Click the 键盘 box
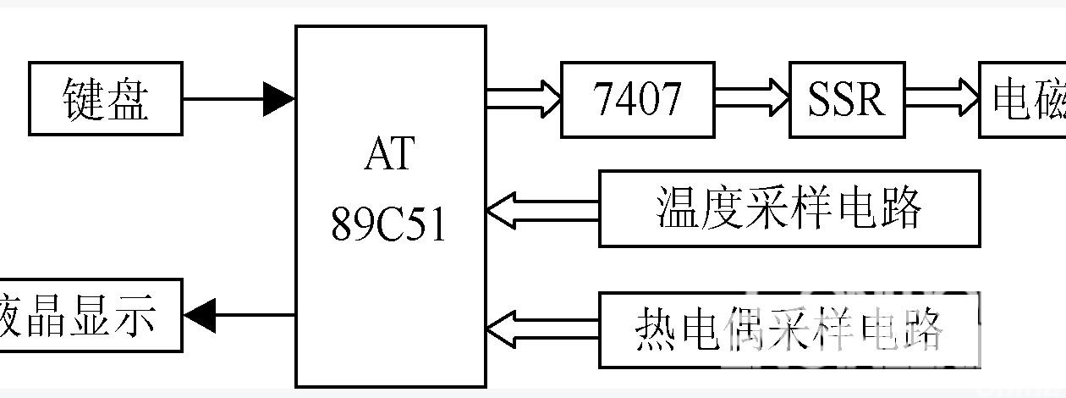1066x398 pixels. click(x=106, y=98)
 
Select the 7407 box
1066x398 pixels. click(x=637, y=99)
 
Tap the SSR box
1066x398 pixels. click(x=846, y=99)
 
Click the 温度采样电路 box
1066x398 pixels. click(x=789, y=208)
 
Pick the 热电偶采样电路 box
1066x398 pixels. click(x=789, y=329)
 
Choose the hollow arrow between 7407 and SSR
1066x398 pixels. click(x=752, y=99)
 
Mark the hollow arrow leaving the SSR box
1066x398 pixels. click(x=942, y=99)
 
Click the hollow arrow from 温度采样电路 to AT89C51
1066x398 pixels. click(x=542, y=209)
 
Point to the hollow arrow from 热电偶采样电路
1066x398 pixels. click(x=542, y=329)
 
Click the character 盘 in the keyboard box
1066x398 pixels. click(x=129, y=99)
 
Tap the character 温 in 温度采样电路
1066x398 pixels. click(x=678, y=208)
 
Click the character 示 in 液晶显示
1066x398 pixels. click(x=135, y=316)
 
